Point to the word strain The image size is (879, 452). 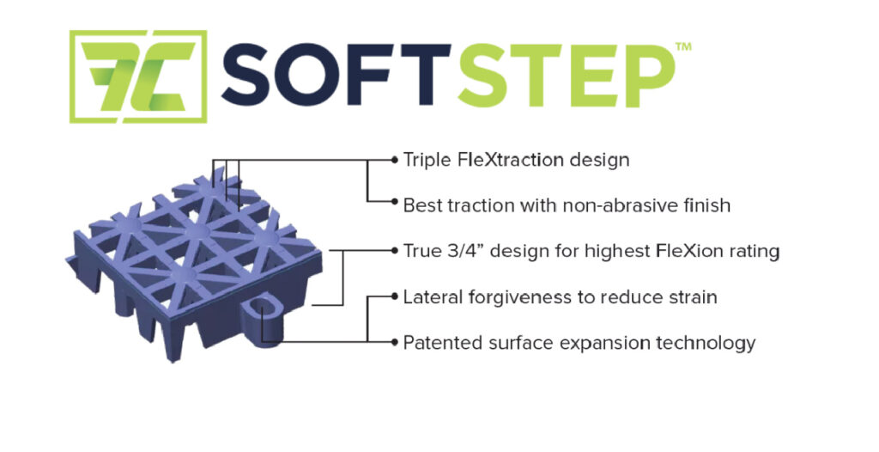(689, 297)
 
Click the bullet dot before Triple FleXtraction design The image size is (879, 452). (394, 160)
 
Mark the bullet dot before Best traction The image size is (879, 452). (394, 205)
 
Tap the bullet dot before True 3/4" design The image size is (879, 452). (394, 251)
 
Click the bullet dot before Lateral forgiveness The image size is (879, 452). (394, 297)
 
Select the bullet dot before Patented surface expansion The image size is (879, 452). (394, 343)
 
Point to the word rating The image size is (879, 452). (756, 251)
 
